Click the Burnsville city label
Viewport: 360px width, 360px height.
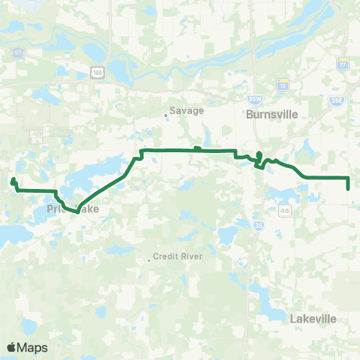coord(271,115)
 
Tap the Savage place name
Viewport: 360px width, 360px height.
coord(181,109)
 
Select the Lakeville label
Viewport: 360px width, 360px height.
coord(313,319)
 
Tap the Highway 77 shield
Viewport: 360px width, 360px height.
coord(343,64)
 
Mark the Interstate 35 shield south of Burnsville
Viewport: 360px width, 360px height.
coord(258,223)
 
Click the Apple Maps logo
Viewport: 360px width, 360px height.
coord(27,347)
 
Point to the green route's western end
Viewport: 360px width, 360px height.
coord(13,180)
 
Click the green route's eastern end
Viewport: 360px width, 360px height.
coord(349,188)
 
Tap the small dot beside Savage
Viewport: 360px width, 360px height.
coord(166,115)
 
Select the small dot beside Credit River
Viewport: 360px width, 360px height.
coord(148,260)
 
